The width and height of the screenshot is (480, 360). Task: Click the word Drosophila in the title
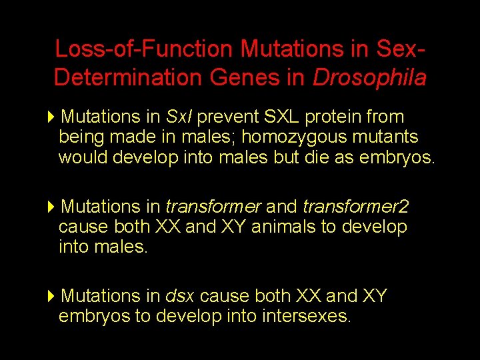(369, 78)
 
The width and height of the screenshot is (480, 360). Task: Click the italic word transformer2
(355, 207)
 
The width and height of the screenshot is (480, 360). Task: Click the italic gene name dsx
(179, 296)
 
